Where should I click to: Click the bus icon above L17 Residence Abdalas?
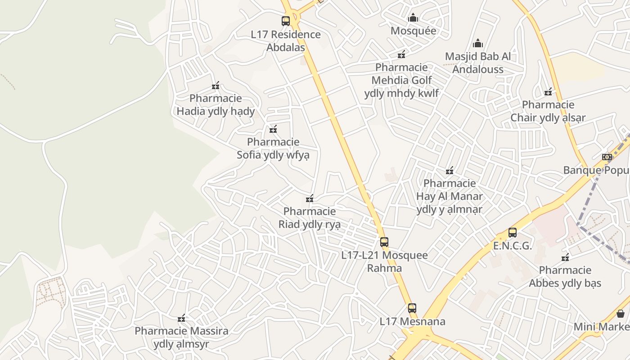(x=286, y=21)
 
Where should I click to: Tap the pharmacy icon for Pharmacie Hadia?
(x=216, y=85)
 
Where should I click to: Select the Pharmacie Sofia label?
(x=273, y=148)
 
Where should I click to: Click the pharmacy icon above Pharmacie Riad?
(x=310, y=198)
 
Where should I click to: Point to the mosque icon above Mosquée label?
(x=413, y=18)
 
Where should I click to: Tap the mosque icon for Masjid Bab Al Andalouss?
(x=477, y=43)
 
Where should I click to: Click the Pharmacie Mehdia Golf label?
(x=401, y=80)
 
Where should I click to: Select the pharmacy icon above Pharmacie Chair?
(x=548, y=92)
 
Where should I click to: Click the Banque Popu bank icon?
(x=607, y=157)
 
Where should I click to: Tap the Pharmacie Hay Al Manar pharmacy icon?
(x=449, y=171)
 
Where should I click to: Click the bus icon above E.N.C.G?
(x=513, y=233)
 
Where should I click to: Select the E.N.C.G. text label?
(x=513, y=246)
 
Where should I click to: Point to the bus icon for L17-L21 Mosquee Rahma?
(x=384, y=242)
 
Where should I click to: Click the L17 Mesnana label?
(x=412, y=321)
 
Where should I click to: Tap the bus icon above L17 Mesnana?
(x=412, y=308)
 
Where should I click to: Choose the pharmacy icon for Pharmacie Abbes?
(x=565, y=257)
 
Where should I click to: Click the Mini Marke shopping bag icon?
(x=621, y=314)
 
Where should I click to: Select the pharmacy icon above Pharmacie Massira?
(x=181, y=319)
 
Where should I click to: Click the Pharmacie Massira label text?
(x=181, y=337)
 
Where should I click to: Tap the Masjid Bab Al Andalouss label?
(x=477, y=63)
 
